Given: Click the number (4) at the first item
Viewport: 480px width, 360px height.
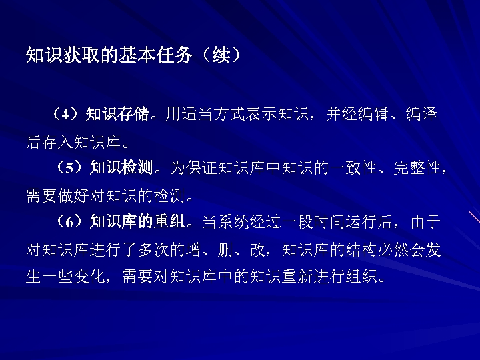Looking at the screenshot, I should click(67, 114).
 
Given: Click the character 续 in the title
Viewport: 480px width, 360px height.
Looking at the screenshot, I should click(220, 55).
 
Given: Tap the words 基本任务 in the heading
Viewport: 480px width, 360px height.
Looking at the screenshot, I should click(153, 55).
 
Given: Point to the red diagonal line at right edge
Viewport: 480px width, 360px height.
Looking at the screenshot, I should click(474, 221).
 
